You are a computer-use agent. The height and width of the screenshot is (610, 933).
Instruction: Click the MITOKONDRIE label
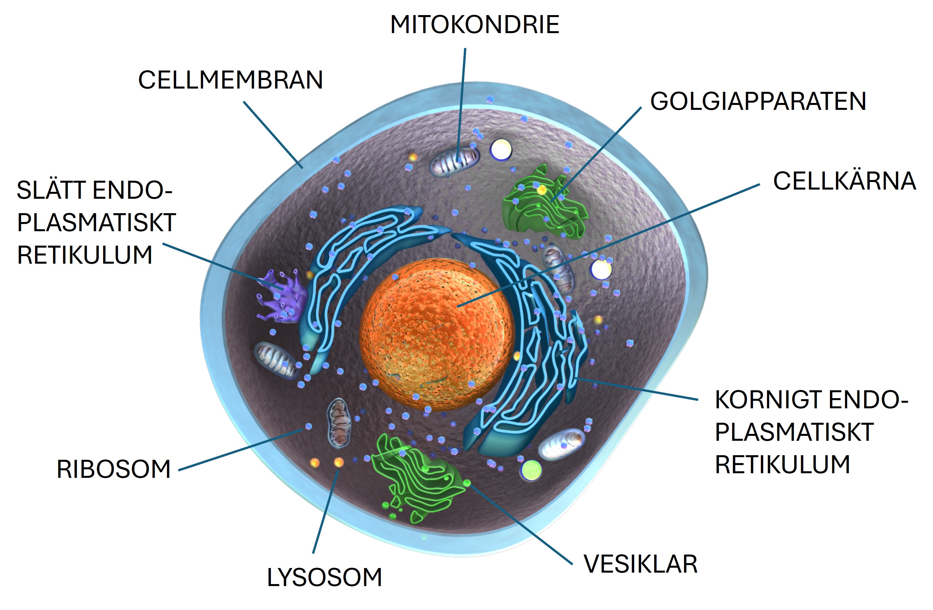pyautogui.click(x=474, y=25)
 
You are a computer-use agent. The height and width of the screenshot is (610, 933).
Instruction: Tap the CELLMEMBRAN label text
pyautogui.click(x=231, y=80)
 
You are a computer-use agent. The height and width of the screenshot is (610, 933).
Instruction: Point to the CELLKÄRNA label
pyautogui.click(x=844, y=181)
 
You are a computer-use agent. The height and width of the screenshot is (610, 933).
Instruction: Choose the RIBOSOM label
pyautogui.click(x=114, y=469)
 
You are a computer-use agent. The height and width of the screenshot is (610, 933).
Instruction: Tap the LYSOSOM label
pyautogui.click(x=325, y=578)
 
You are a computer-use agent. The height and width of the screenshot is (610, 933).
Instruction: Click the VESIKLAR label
pyautogui.click(x=641, y=564)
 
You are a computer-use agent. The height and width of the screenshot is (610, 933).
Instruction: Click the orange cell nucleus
pyautogui.click(x=437, y=335)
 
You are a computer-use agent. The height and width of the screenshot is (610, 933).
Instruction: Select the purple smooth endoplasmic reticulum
pyautogui.click(x=281, y=296)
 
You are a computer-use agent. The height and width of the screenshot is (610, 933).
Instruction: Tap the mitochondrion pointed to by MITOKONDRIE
pyautogui.click(x=455, y=161)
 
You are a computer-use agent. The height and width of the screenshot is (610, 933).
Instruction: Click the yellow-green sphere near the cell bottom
pyautogui.click(x=532, y=470)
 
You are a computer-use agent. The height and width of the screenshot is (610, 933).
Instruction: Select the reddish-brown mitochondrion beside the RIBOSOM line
pyautogui.click(x=339, y=423)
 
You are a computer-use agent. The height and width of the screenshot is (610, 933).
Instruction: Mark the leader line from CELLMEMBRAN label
pyautogui.click(x=273, y=135)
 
